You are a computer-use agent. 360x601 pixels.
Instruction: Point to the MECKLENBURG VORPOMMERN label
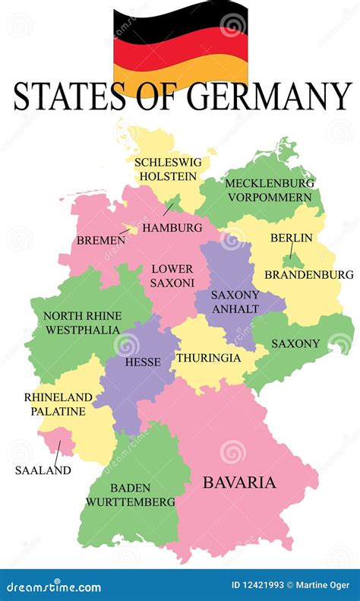click(258, 190)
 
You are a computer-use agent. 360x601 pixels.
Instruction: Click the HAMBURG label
click(172, 227)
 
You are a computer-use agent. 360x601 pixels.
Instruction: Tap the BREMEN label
click(100, 240)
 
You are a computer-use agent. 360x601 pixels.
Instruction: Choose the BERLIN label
click(291, 238)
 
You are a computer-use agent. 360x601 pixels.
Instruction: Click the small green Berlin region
click(290, 256)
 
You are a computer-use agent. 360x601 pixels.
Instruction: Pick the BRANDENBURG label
click(308, 274)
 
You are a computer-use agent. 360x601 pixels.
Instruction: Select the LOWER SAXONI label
click(172, 275)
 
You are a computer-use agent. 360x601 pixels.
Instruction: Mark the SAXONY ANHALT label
click(235, 302)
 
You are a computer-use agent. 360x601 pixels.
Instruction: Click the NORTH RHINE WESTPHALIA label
click(81, 323)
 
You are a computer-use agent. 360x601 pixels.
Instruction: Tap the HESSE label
click(142, 362)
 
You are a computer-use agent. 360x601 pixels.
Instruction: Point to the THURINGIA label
click(208, 357)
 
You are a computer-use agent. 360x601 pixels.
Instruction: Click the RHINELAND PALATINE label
click(58, 404)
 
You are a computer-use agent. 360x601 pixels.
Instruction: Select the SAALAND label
click(43, 470)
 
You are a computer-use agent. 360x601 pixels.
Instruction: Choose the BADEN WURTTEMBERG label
click(130, 495)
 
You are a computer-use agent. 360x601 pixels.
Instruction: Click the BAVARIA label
click(238, 482)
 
